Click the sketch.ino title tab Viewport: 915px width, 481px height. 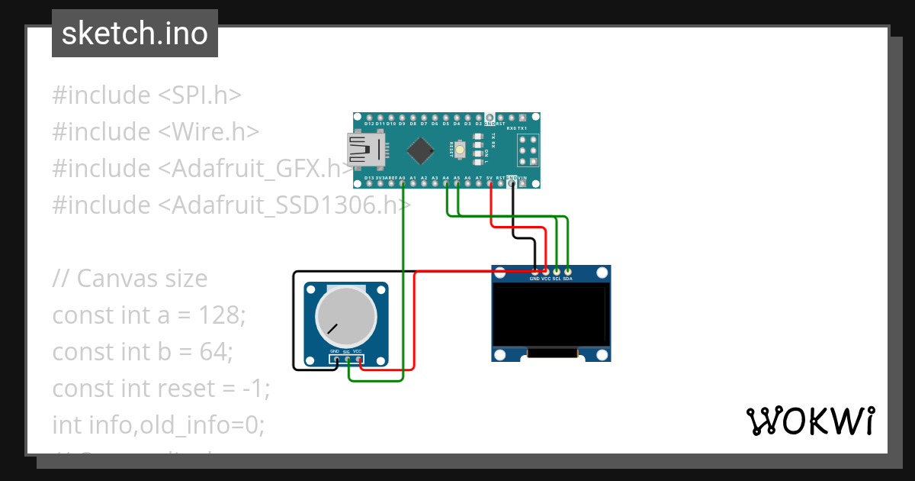135,34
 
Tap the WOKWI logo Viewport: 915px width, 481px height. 809,421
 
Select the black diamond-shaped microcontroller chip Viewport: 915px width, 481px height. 421,150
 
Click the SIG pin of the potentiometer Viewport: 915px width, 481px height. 348,359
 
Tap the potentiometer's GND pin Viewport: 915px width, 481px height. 335,359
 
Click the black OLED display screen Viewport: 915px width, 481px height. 551,314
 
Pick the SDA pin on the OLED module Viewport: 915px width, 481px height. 567,272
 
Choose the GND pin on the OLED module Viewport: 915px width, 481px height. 535,272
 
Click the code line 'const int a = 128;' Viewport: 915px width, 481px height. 149,315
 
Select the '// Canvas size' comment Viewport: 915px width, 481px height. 130,278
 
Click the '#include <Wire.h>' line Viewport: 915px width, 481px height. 156,131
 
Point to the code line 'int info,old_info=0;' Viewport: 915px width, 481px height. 158,425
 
